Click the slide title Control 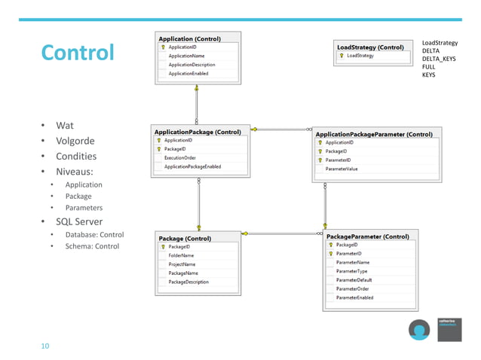click(x=77, y=53)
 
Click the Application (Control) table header click(x=189, y=38)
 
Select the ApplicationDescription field click(x=191, y=65)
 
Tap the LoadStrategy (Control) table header click(x=370, y=47)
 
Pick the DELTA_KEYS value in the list click(x=439, y=59)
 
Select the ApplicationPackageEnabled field click(x=192, y=167)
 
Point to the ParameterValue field click(x=342, y=169)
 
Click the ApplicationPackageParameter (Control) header click(x=374, y=134)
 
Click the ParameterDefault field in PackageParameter click(x=354, y=280)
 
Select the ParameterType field click(x=351, y=271)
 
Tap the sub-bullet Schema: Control click(x=92, y=246)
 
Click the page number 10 click(x=45, y=346)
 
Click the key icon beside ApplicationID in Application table click(x=163, y=47)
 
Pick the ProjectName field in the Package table click(x=182, y=264)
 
